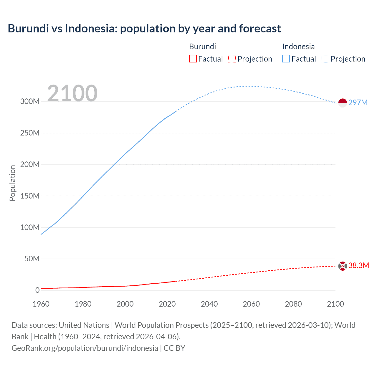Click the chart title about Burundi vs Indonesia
click(x=144, y=29)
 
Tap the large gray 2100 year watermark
click(x=72, y=93)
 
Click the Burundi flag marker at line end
click(x=343, y=266)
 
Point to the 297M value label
click(x=358, y=102)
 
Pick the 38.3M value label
click(x=358, y=265)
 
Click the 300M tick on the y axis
click(x=30, y=101)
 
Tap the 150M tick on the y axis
click(x=30, y=196)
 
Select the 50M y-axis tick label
click(x=32, y=259)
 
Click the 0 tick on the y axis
click(x=37, y=290)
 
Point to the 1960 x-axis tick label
click(x=41, y=304)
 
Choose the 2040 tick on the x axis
click(x=209, y=304)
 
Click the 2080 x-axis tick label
click(x=293, y=304)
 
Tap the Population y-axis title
click(x=12, y=183)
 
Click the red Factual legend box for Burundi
click(x=193, y=59)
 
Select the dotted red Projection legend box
click(x=232, y=59)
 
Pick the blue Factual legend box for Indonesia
click(x=286, y=59)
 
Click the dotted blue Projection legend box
click(x=325, y=59)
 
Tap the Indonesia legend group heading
click(x=298, y=47)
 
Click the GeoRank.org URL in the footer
click(x=85, y=348)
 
